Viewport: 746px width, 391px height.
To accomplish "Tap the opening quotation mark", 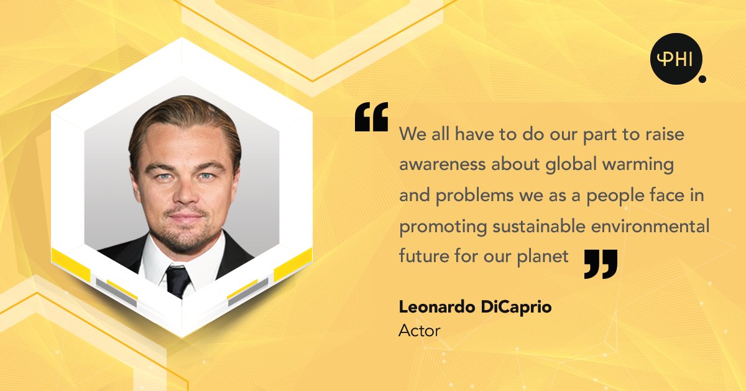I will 371,117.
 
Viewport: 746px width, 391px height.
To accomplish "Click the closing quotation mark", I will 601,263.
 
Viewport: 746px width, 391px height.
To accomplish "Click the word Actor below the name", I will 419,331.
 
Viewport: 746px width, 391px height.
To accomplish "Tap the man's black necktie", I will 178,280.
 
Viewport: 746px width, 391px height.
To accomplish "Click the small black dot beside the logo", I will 702,79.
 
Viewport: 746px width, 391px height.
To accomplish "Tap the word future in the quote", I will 420,257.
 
